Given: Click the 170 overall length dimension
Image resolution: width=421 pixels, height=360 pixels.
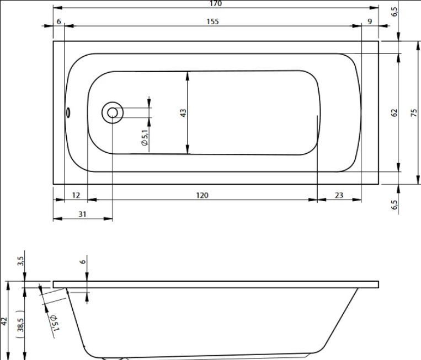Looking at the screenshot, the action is (216, 3).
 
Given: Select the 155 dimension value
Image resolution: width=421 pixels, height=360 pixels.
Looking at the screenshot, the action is (212, 22).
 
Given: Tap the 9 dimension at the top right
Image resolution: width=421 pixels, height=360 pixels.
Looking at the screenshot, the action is (370, 22).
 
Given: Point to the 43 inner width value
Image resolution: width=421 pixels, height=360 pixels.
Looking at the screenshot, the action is (183, 112).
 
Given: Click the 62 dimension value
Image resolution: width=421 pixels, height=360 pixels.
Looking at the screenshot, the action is (394, 112).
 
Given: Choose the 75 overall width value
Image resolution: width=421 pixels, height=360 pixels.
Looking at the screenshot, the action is (414, 112).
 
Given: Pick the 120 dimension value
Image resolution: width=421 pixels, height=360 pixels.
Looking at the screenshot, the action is (202, 195).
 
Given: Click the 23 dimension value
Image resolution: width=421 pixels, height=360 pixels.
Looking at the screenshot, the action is (339, 195).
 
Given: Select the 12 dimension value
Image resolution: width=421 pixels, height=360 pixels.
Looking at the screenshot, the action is (76, 195).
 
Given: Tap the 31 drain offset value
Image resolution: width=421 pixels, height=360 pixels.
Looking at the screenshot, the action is (82, 214).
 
